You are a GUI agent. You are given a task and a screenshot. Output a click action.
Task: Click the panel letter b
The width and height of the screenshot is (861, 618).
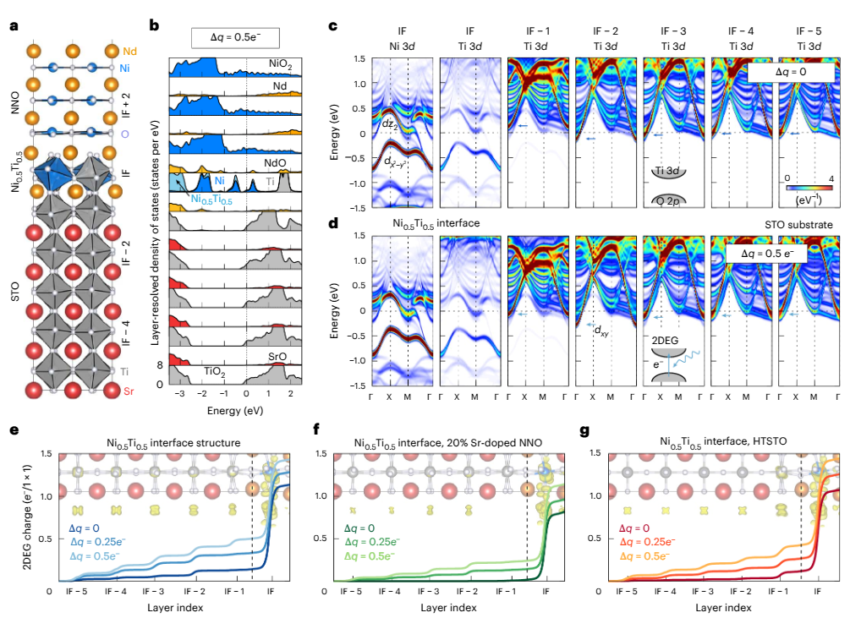point(154,26)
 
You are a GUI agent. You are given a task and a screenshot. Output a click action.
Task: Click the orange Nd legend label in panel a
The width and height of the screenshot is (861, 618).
point(129,51)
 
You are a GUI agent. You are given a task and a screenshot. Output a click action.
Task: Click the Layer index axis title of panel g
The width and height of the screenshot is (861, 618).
point(722,607)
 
